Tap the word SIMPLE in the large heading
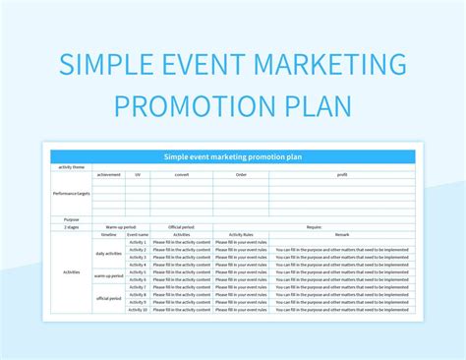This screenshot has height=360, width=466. point(100,66)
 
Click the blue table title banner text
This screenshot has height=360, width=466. point(232,155)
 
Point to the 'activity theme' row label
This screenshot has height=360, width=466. point(71,166)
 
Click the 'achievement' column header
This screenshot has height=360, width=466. point(109,174)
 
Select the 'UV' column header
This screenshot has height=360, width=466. point(137,174)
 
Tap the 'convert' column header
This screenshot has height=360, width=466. point(182,174)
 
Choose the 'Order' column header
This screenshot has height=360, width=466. point(241,174)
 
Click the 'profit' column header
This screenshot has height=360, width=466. point(341,174)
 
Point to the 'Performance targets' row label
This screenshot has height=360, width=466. point(71,193)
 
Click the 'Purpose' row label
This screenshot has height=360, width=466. point(71,219)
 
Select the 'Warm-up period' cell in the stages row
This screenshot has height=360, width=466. point(121,227)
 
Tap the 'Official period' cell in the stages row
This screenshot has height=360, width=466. point(182,227)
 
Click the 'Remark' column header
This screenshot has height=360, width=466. point(341,235)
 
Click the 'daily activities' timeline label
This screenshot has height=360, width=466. point(109,254)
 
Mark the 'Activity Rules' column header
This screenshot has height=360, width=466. point(241,235)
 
